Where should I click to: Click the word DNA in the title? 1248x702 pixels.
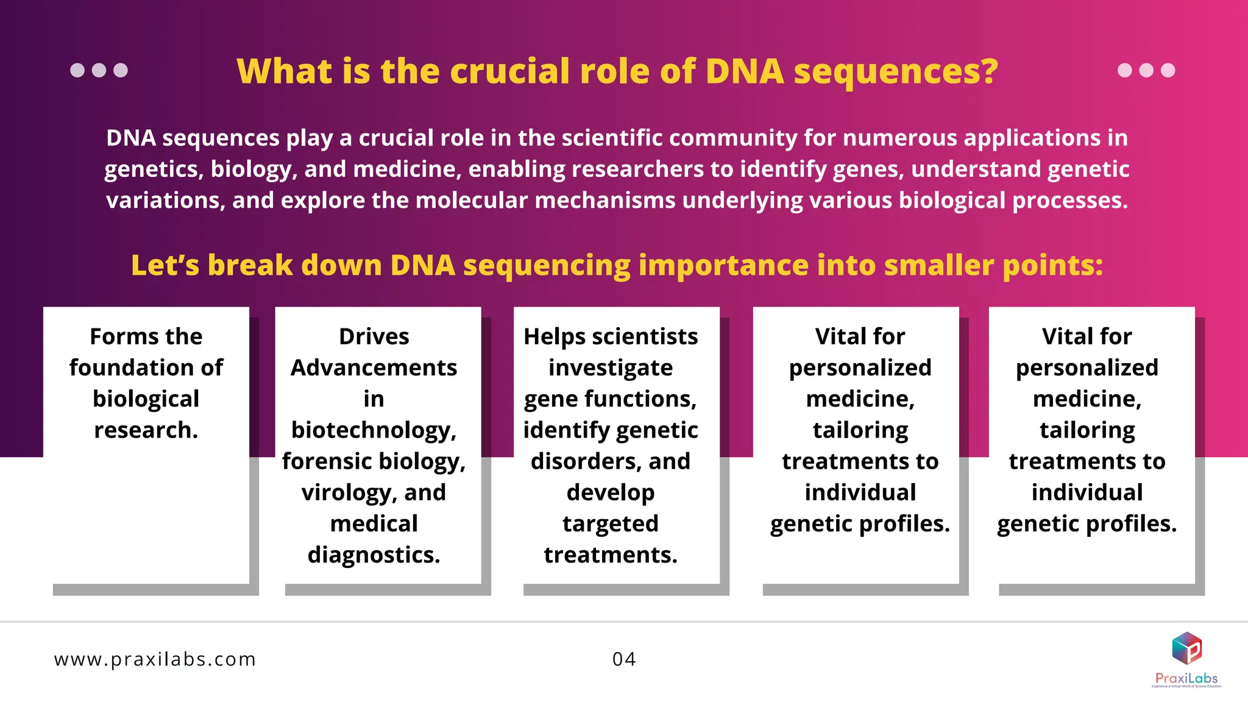[x=744, y=71]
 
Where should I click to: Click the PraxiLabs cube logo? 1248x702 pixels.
[x=1186, y=648]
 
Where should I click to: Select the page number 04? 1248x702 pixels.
[x=624, y=659]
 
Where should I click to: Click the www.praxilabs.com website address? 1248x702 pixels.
[x=155, y=659]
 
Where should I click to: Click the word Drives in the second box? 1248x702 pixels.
[x=374, y=336]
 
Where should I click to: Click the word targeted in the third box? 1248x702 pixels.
[x=610, y=523]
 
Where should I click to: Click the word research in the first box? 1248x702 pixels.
[x=144, y=430]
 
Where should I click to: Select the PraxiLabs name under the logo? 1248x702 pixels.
[x=1186, y=678]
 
